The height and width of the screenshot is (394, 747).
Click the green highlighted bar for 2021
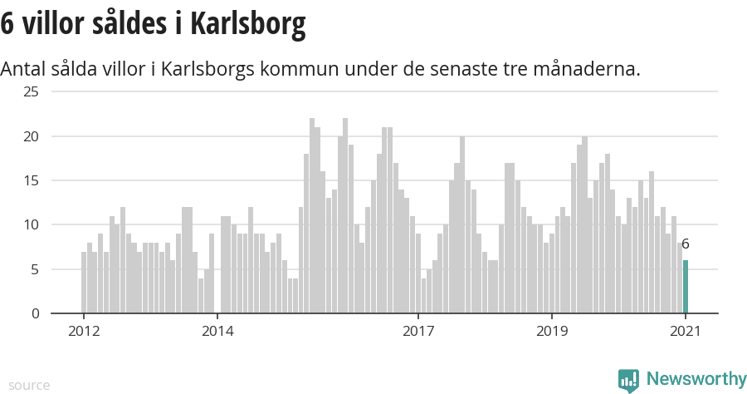pyautogui.click(x=686, y=287)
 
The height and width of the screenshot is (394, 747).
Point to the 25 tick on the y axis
pyautogui.click(x=31, y=91)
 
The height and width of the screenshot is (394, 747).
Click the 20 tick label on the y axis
pyautogui.click(x=31, y=136)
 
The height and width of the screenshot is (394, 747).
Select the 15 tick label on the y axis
pyautogui.click(x=31, y=180)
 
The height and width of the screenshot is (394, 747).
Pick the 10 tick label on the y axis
pyautogui.click(x=31, y=225)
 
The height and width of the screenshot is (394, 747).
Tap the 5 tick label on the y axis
pyautogui.click(x=34, y=269)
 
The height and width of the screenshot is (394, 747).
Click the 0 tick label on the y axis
pyautogui.click(x=34, y=313)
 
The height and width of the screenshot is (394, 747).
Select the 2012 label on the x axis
pyautogui.click(x=84, y=332)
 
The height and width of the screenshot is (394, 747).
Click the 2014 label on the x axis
pyautogui.click(x=217, y=332)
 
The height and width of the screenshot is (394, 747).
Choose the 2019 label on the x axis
pyautogui.click(x=552, y=332)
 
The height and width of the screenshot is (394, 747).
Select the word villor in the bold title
pyautogui.click(x=57, y=24)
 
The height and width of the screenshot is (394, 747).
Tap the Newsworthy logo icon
pyautogui.click(x=628, y=381)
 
